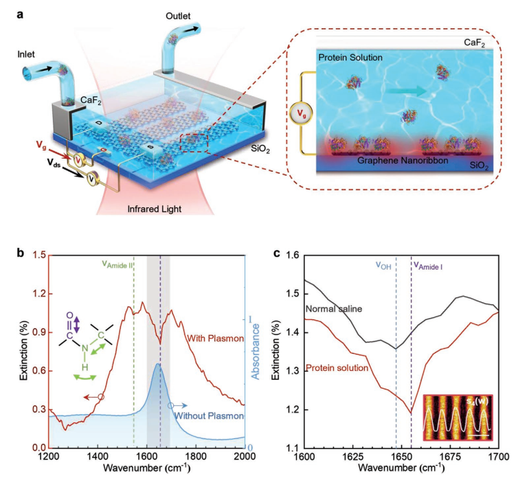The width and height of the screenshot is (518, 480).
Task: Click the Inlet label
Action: coord(31,54)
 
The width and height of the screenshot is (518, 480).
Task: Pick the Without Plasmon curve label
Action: coord(207,416)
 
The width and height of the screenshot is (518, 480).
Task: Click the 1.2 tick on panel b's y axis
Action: coord(34,294)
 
